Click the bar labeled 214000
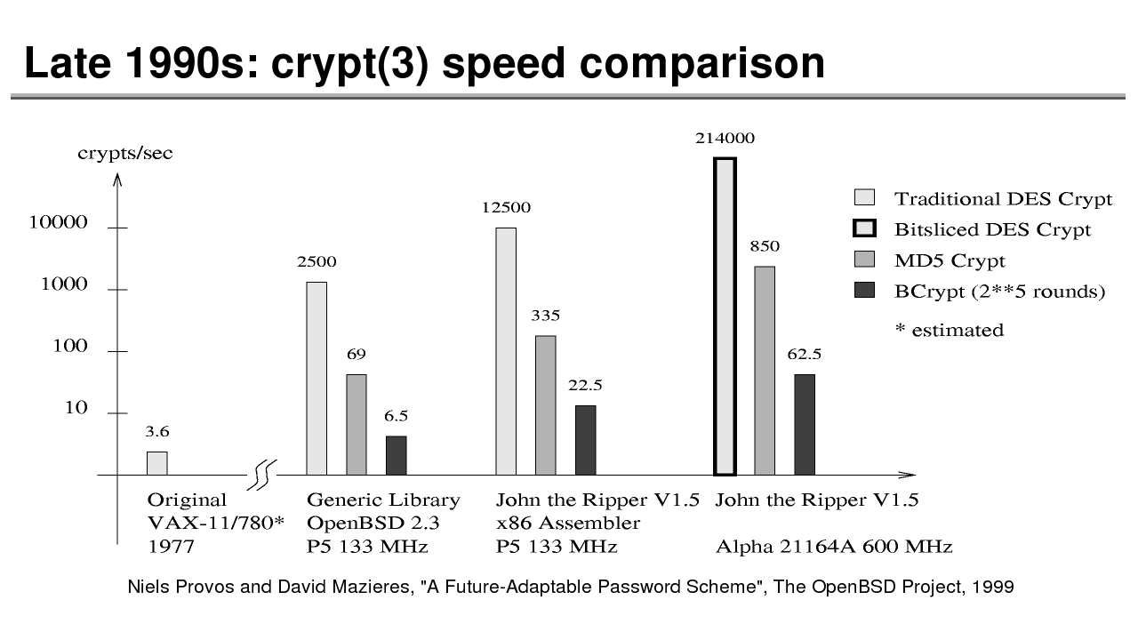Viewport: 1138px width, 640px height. [725, 316]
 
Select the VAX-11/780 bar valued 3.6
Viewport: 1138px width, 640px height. [156, 463]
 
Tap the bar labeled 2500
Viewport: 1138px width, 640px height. [317, 378]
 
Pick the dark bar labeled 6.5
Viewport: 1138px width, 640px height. [396, 455]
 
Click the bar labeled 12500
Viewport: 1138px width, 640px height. [506, 351]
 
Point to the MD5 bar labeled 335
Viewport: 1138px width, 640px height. [545, 404]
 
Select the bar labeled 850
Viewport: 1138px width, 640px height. [765, 370]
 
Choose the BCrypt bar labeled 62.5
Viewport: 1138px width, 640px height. [805, 424]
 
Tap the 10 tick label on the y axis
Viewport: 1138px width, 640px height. [76, 409]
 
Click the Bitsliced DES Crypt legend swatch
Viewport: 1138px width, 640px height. [864, 229]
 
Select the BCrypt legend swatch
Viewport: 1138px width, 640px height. [864, 291]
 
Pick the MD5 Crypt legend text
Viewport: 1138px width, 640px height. [950, 260]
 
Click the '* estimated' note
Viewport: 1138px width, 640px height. [949, 330]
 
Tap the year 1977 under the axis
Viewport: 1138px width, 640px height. [171, 547]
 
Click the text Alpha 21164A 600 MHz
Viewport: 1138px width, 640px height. [834, 547]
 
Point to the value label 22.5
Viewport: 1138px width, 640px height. [585, 385]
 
